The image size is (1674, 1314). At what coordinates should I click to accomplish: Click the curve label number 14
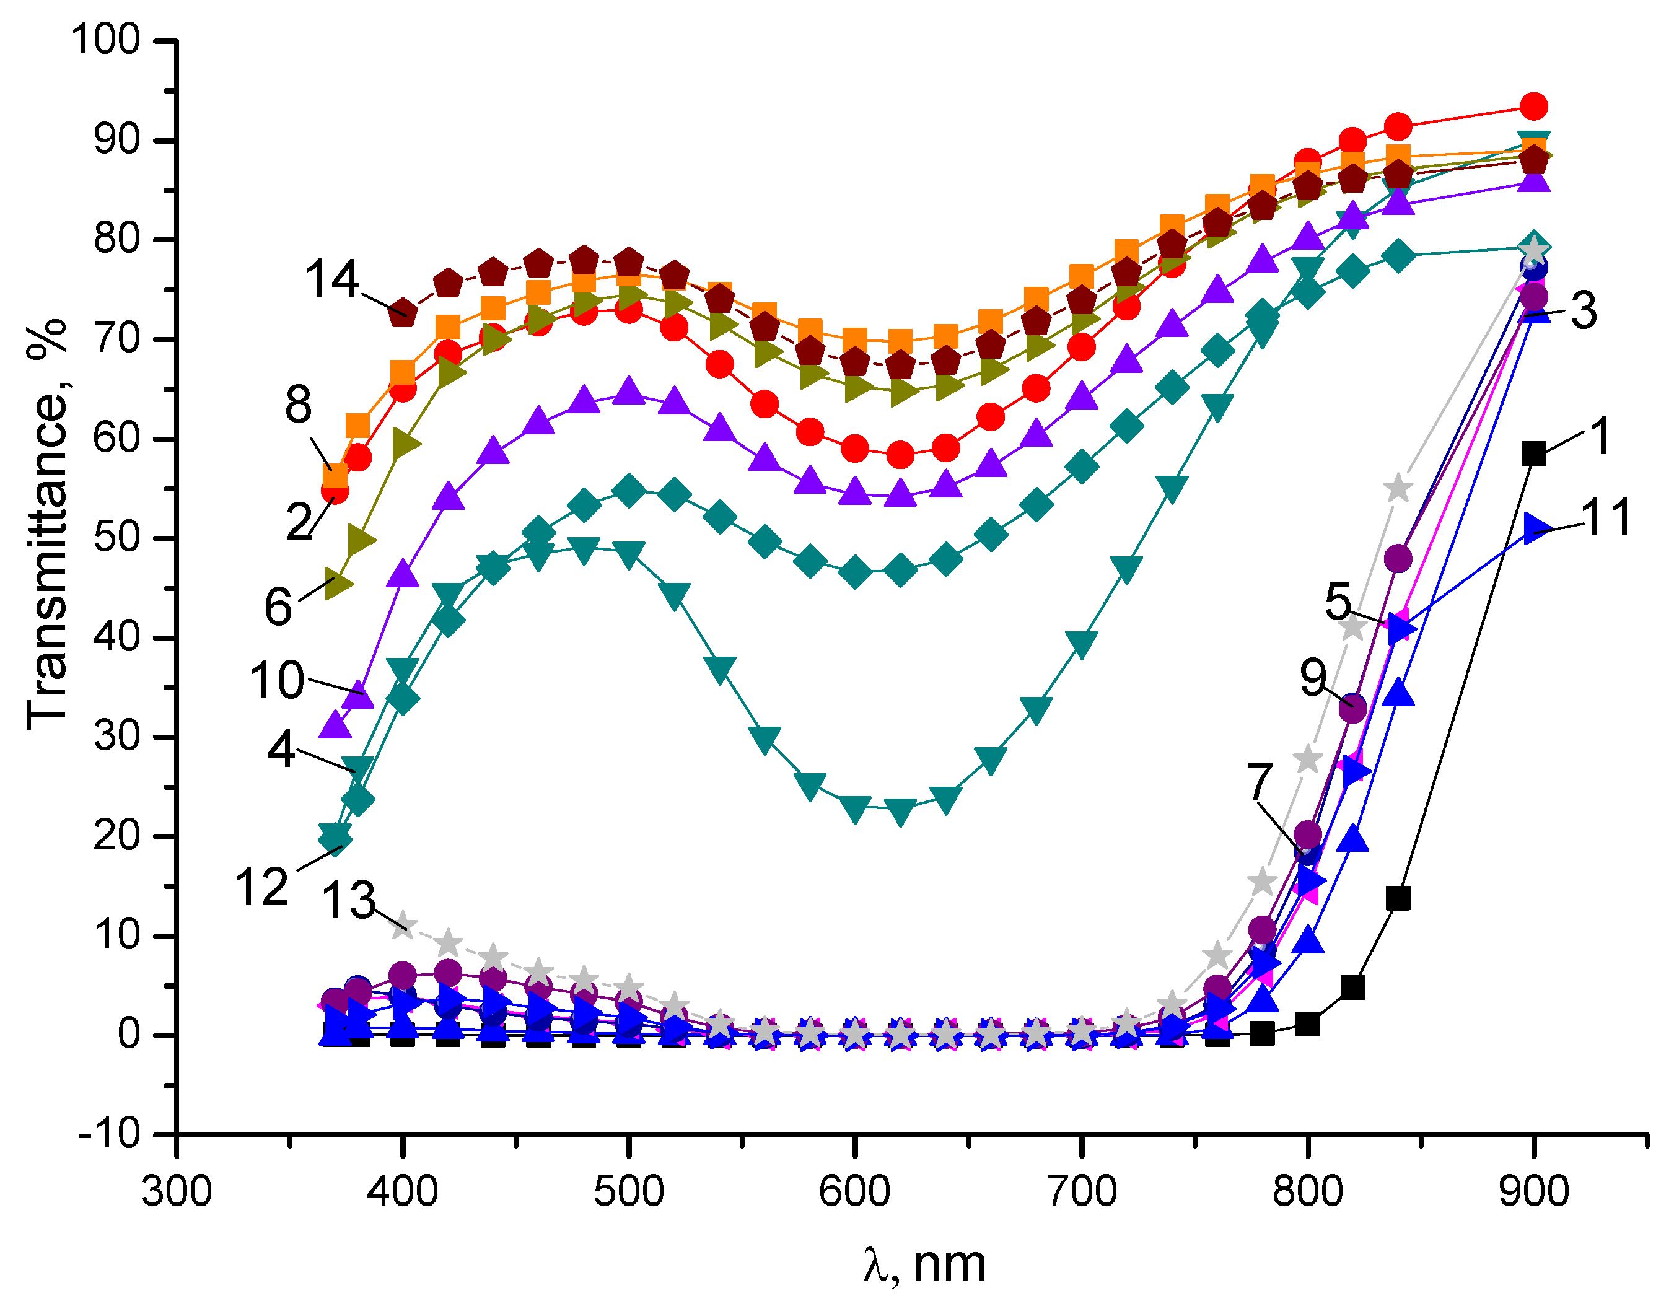(x=331, y=279)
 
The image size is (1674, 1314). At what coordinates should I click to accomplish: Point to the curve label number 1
(x=1600, y=436)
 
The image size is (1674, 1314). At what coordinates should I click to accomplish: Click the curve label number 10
(x=277, y=680)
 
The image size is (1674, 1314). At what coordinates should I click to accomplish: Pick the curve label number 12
(x=261, y=887)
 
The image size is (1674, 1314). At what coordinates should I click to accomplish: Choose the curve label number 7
(x=1260, y=782)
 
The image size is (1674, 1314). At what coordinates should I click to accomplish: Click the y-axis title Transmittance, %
(x=46, y=523)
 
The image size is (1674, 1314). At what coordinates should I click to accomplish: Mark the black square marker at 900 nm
(x=1534, y=454)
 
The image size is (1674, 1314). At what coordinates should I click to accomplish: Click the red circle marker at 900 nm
(x=1534, y=106)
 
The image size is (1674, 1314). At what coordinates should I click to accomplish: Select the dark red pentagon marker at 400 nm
(x=402, y=312)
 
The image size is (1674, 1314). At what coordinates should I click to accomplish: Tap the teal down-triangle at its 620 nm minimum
(x=900, y=811)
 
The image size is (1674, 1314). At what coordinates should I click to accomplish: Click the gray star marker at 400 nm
(x=402, y=926)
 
